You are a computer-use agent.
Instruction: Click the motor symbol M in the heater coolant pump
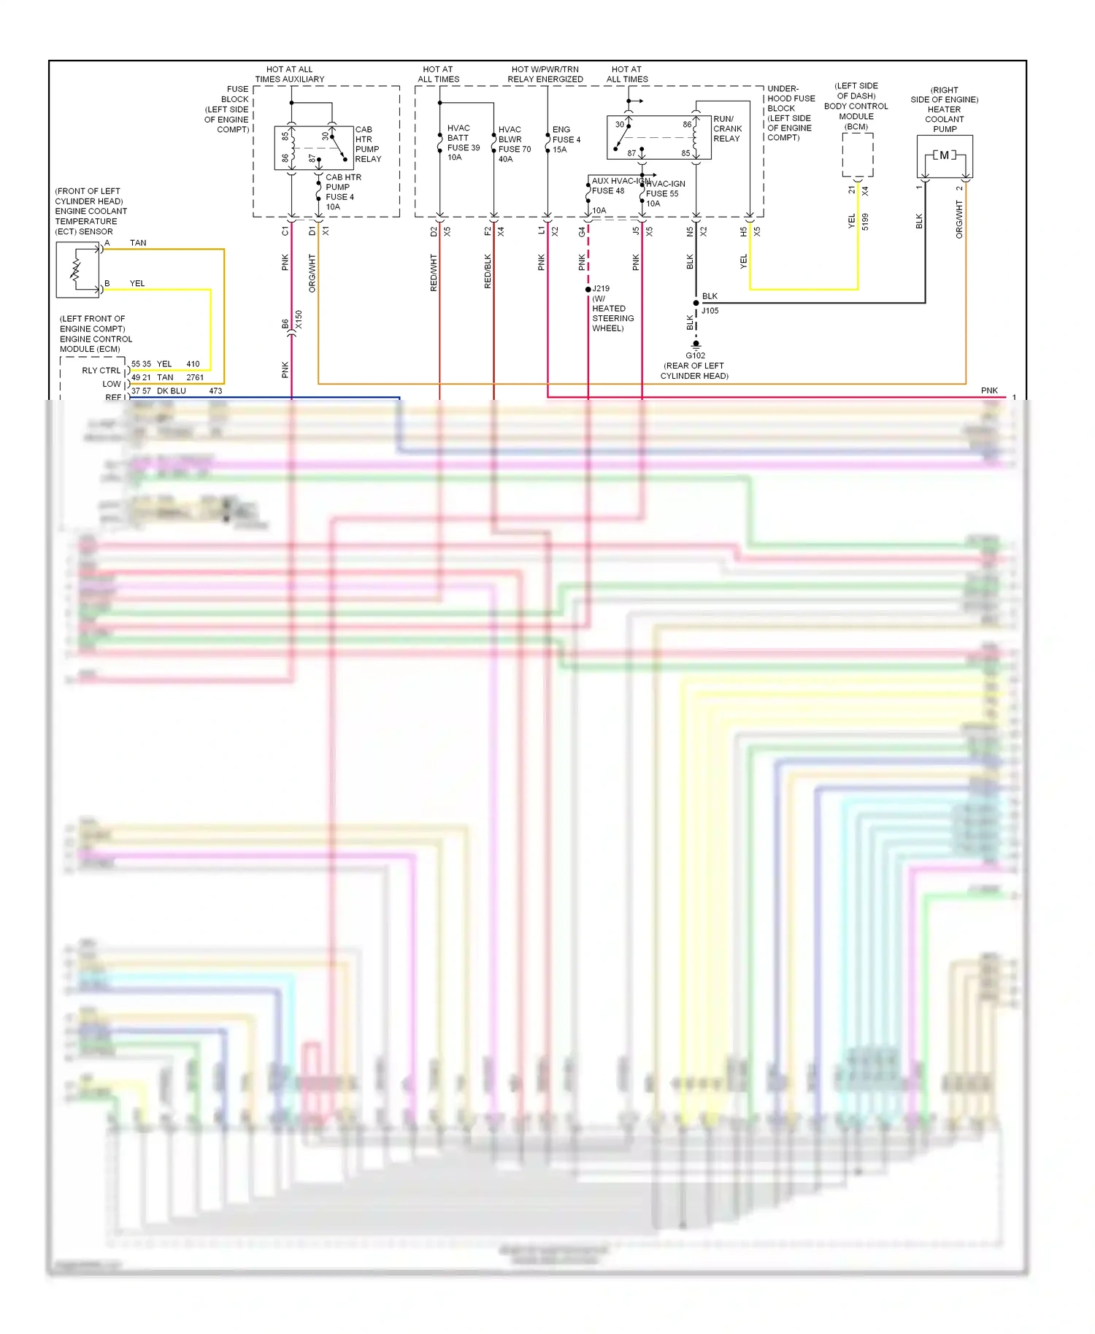pos(945,155)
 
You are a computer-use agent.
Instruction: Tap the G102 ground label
pos(695,355)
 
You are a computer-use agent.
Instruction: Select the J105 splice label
pos(710,311)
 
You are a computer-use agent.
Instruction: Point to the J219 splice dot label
pos(601,289)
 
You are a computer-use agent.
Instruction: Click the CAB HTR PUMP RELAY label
pos(367,144)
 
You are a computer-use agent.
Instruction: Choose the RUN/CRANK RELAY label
pos(727,128)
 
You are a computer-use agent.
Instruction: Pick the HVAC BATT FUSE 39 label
pos(463,142)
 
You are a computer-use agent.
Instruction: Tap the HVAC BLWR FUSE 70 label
pos(514,144)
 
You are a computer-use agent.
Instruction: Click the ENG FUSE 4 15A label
pos(565,139)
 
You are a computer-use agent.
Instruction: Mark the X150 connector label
pos(299,320)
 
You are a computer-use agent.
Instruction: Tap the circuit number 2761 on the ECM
pos(195,377)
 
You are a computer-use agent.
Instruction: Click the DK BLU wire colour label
pos(172,391)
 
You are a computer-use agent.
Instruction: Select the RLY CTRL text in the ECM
pos(101,371)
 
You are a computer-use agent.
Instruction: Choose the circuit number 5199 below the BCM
pos(865,222)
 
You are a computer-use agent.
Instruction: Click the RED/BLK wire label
pos(488,271)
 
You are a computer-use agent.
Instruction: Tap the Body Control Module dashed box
pos(857,155)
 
